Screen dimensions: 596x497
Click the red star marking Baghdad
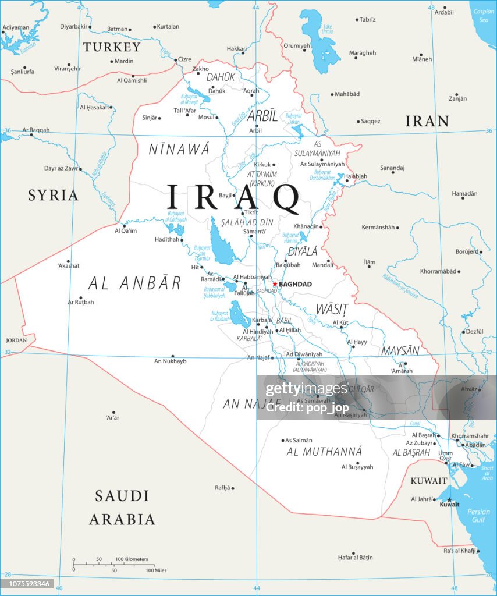point(275,284)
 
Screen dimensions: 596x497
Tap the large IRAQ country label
point(233,198)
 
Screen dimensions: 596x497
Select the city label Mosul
point(206,117)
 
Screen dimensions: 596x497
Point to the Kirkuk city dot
point(274,165)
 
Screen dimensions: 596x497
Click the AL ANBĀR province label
point(135,283)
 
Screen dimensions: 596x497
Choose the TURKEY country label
point(112,47)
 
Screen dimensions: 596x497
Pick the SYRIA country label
point(53,195)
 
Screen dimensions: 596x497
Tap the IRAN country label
point(427,121)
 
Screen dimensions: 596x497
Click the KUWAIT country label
point(429,481)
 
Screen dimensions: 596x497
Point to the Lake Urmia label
point(328,29)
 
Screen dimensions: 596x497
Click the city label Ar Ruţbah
point(81,302)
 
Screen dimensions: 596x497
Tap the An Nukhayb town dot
point(172,356)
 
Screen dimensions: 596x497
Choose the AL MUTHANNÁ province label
point(324,452)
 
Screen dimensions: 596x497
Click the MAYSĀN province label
point(400,351)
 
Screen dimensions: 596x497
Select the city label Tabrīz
point(368,19)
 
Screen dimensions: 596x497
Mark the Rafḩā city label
point(222,488)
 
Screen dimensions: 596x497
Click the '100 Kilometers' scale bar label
point(132,559)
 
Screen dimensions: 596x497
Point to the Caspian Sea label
point(483,15)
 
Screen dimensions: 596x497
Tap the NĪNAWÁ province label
point(179,150)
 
